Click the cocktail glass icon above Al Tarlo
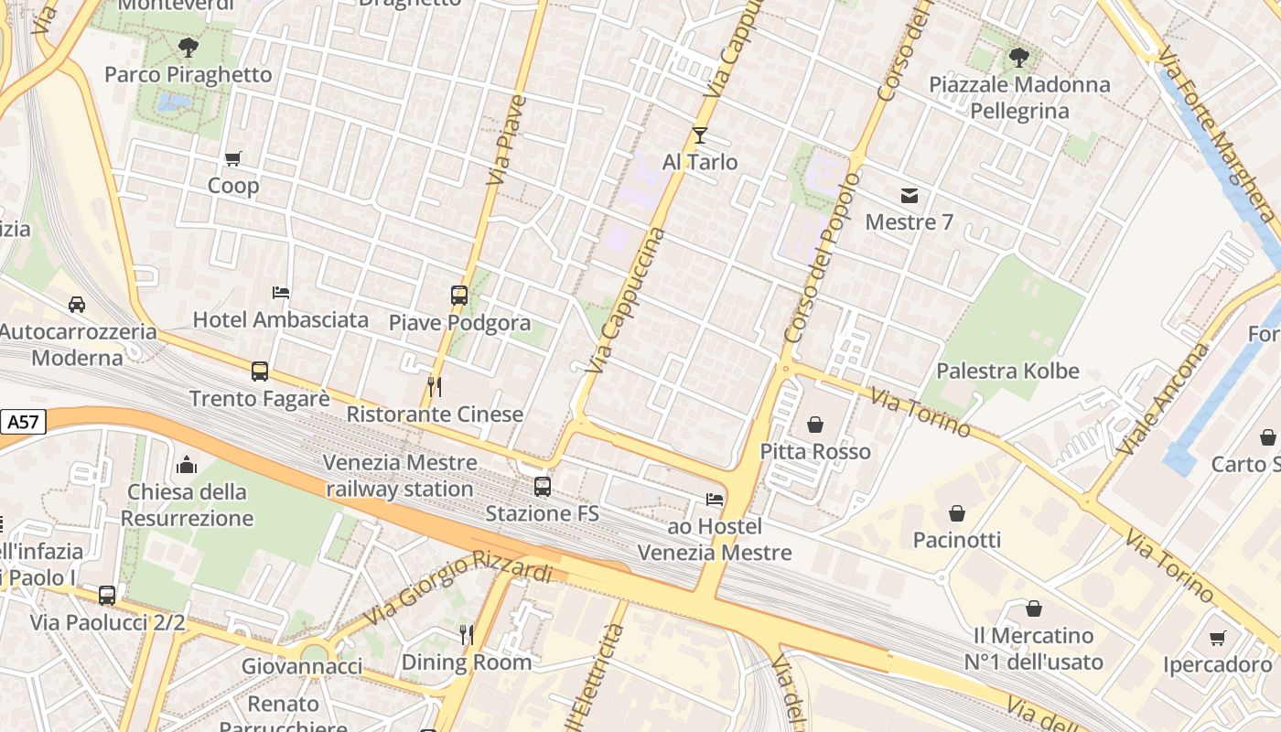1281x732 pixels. (700, 135)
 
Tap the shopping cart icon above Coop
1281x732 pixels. (233, 159)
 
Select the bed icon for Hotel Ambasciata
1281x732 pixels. (281, 293)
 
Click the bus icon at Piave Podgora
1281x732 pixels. (459, 296)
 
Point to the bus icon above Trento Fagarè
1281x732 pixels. (260, 371)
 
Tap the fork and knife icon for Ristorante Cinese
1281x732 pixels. (435, 387)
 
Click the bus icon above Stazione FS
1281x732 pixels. (543, 487)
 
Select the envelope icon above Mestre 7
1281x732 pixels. (909, 195)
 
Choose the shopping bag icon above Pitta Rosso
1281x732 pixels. (815, 425)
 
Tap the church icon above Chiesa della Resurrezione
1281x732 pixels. (187, 465)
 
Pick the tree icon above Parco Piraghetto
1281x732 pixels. (188, 47)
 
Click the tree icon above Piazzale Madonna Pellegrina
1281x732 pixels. (1018, 58)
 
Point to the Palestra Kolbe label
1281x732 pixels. (1007, 371)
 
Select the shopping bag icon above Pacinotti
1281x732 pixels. (957, 513)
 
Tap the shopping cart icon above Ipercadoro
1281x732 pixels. (1217, 638)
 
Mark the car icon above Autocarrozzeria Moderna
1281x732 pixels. (77, 305)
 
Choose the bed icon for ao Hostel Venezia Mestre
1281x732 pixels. (715, 500)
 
